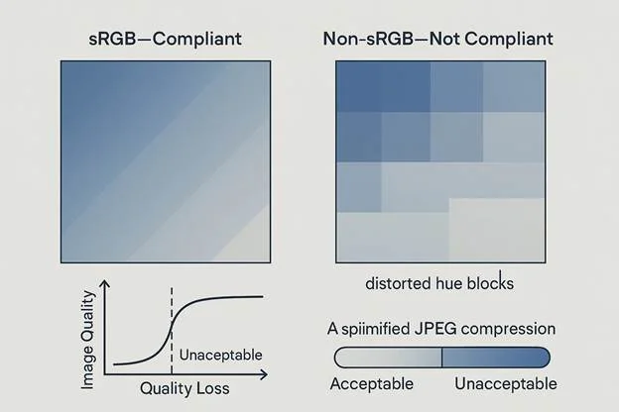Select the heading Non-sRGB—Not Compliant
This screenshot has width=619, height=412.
(x=438, y=41)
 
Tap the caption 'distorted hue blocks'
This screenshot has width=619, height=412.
(x=439, y=284)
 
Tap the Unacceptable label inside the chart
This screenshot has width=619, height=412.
(x=221, y=354)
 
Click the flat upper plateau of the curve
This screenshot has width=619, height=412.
(x=233, y=297)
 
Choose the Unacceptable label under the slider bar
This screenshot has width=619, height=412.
(x=505, y=383)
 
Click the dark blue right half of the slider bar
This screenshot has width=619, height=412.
(x=496, y=357)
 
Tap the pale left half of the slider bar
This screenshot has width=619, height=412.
(x=388, y=357)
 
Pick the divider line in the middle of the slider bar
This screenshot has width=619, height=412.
(x=442, y=357)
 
